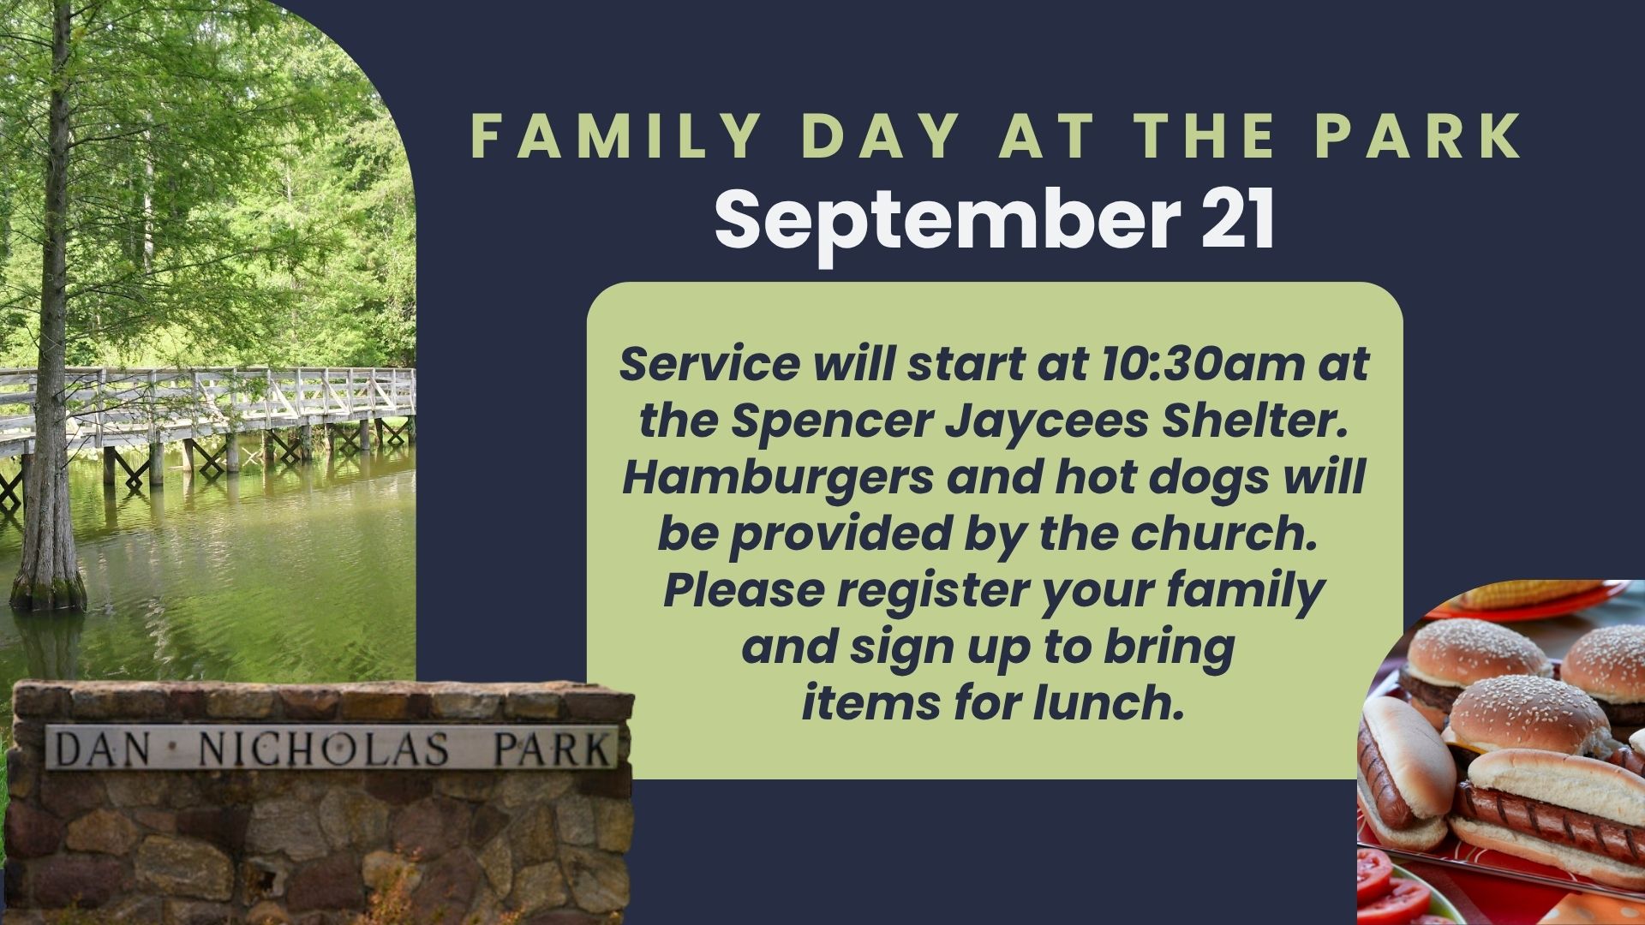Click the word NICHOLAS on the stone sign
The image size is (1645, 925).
click(324, 749)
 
